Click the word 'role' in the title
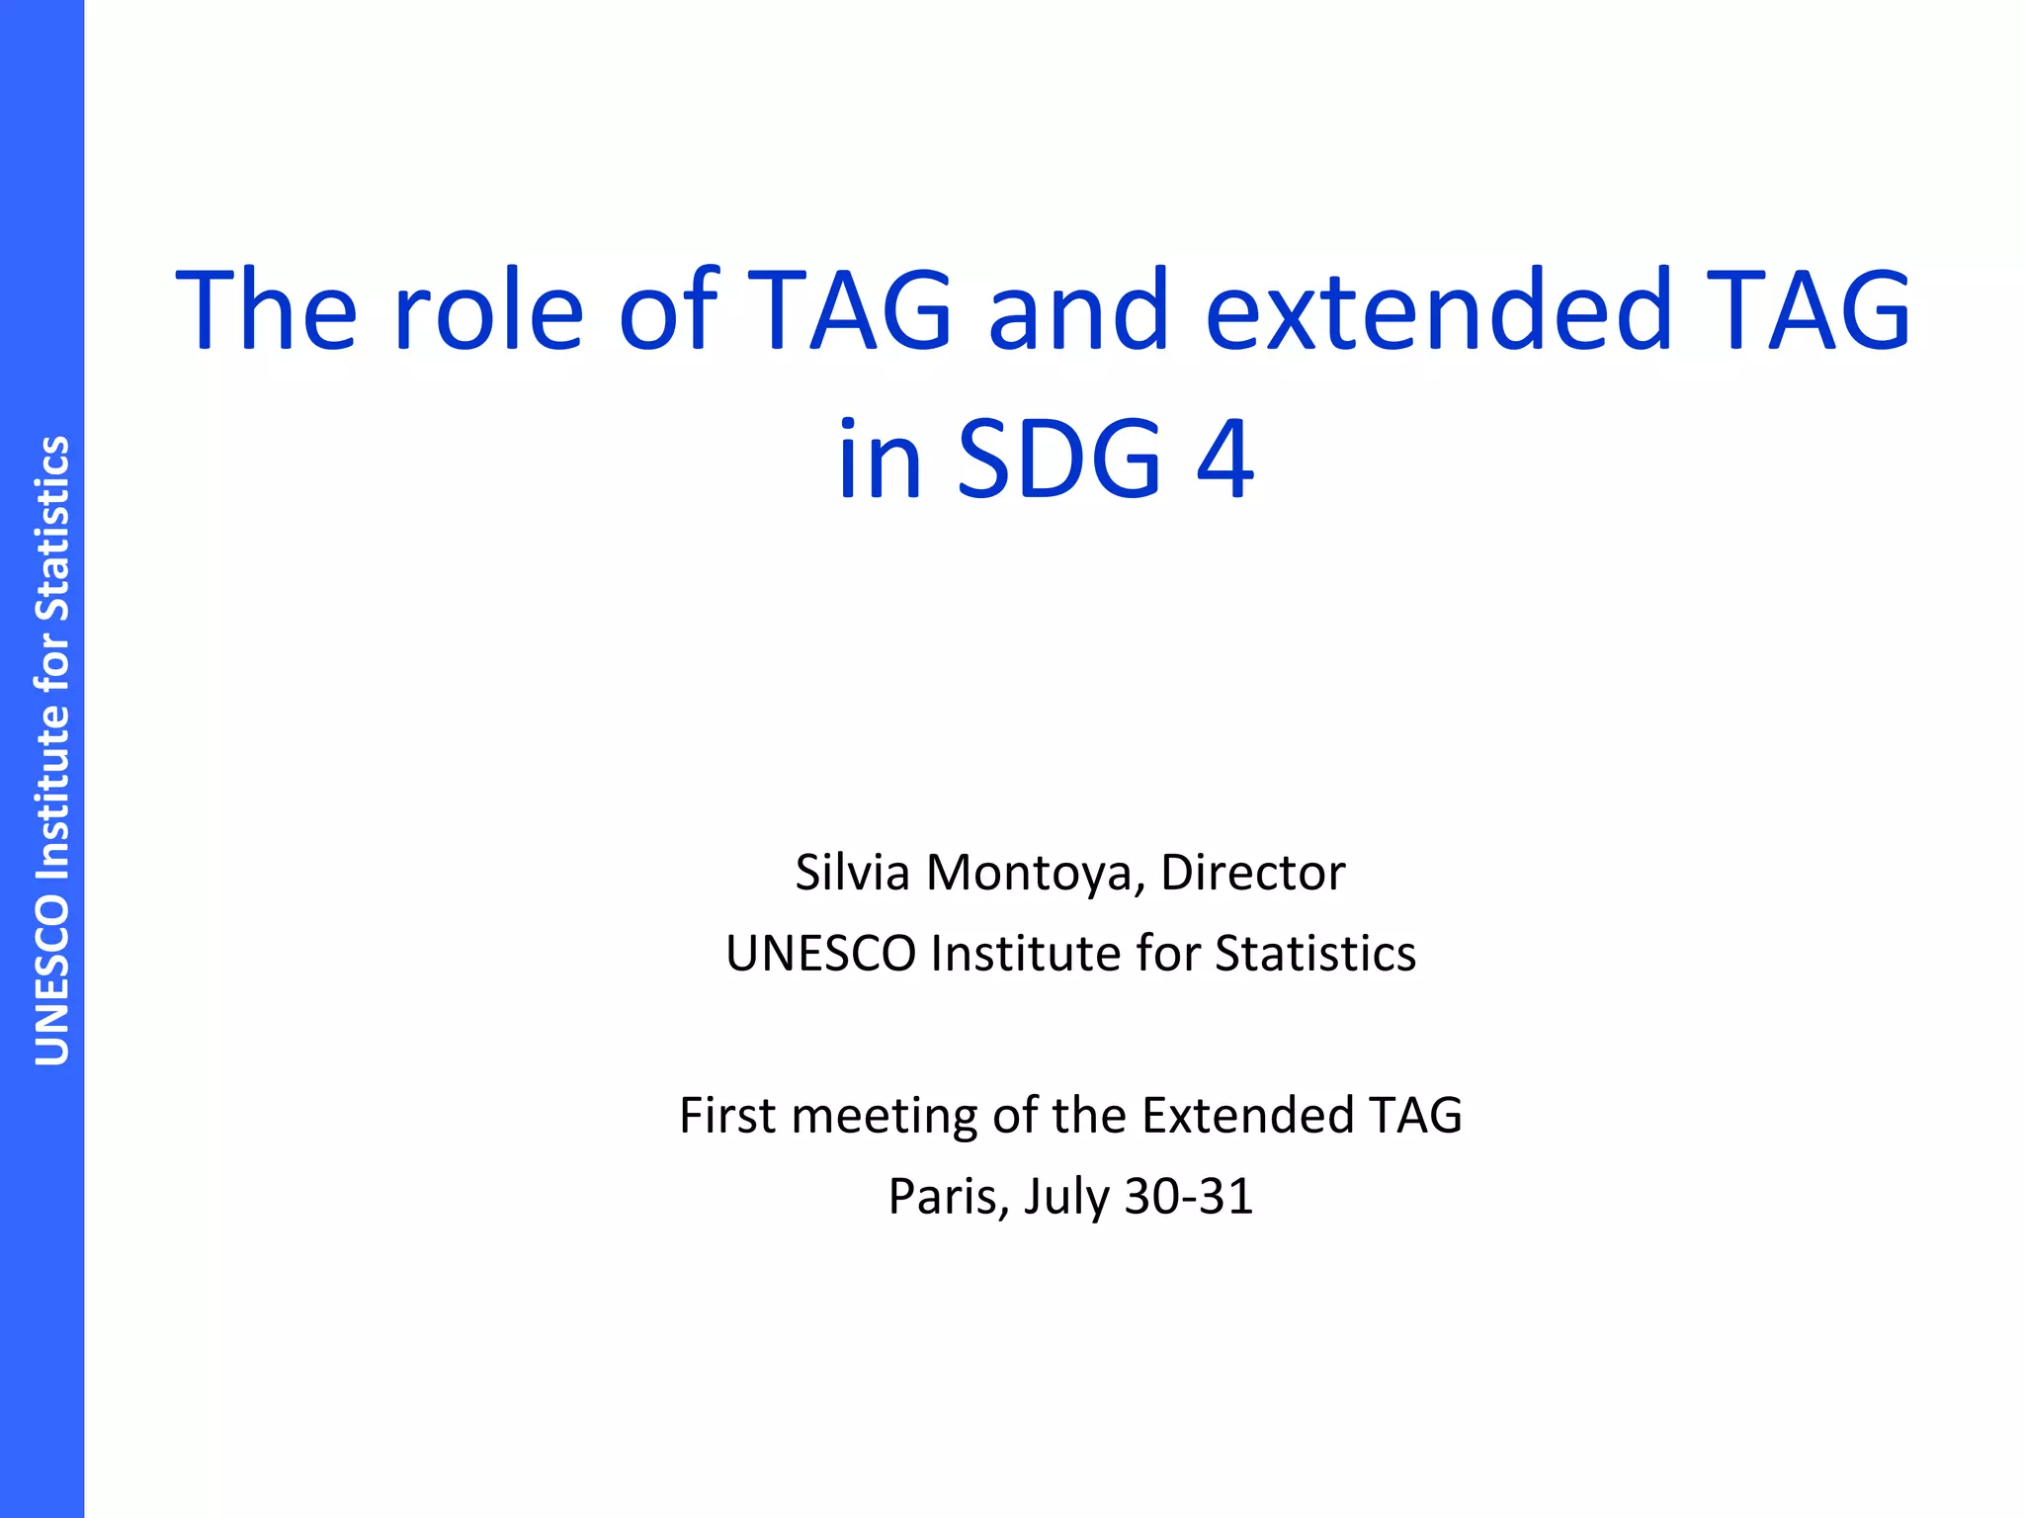point(488,311)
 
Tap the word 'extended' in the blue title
point(1438,311)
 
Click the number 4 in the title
point(1225,460)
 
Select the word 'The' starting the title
point(266,311)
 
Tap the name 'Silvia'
point(852,873)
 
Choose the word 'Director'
point(1252,873)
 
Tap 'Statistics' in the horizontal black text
point(1315,955)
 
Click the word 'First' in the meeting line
point(727,1116)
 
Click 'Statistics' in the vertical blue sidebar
point(52,529)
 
